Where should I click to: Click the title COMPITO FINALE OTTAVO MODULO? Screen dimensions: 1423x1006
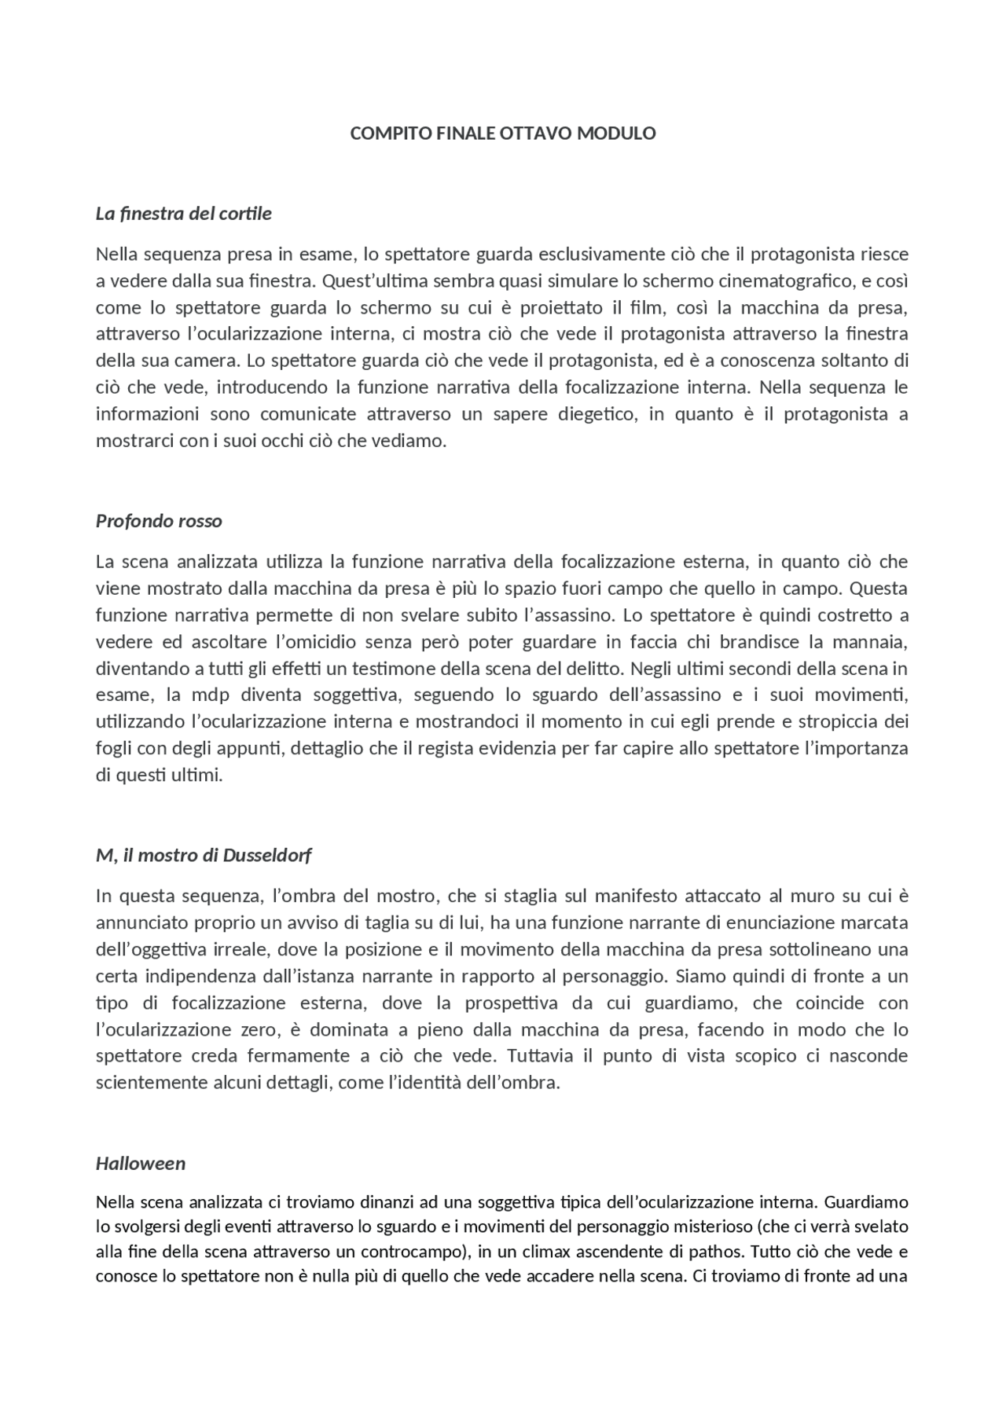pos(502,134)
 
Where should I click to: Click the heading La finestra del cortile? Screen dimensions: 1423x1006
pos(183,214)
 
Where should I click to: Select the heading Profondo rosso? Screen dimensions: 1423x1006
pos(159,521)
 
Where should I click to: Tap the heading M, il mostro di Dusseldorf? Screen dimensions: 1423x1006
pos(204,855)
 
